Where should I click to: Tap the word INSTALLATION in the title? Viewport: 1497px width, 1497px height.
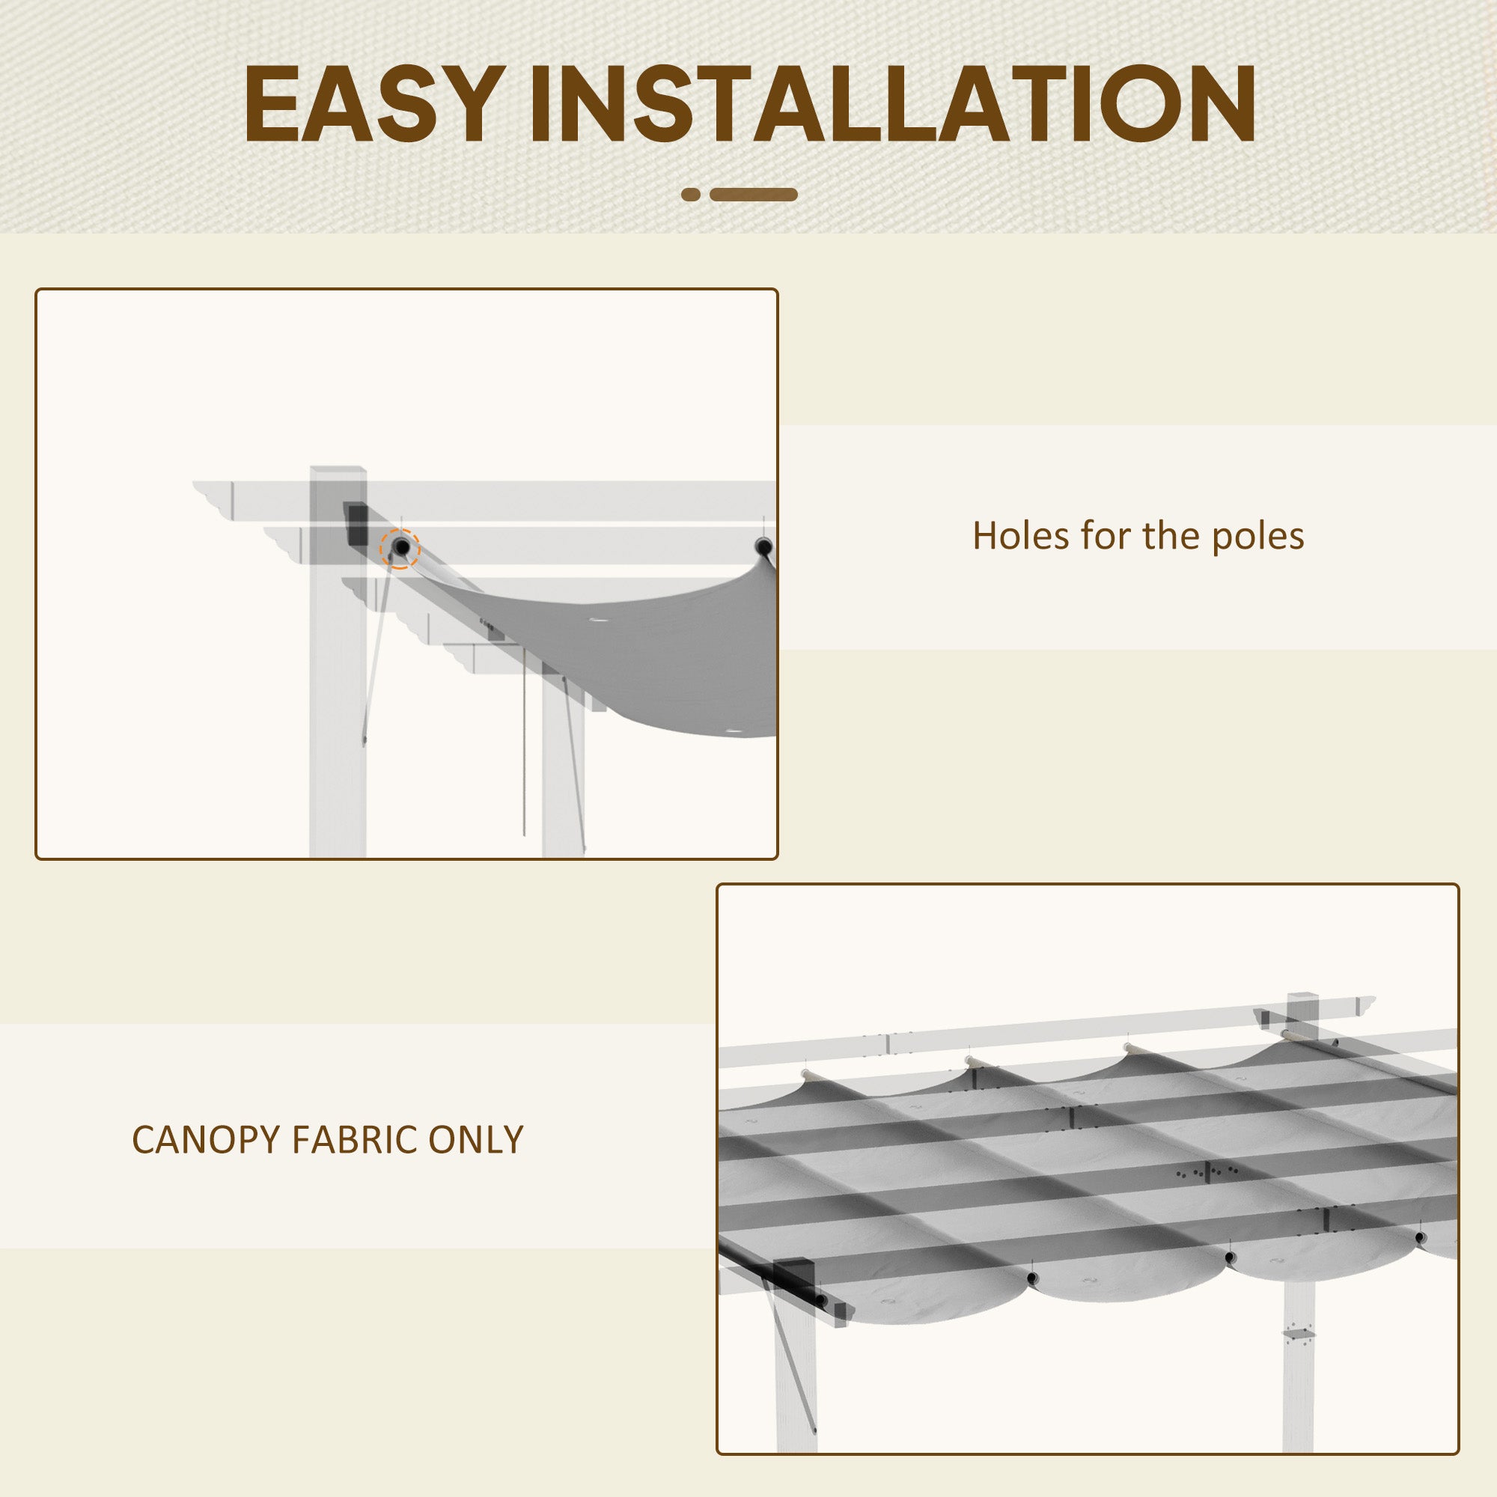coord(891,104)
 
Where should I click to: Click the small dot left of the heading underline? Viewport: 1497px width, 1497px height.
coord(691,195)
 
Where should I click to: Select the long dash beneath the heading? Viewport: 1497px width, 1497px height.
coord(753,195)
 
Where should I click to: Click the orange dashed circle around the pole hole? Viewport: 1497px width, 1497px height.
coord(400,549)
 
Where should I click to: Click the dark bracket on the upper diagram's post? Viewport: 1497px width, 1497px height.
coord(356,523)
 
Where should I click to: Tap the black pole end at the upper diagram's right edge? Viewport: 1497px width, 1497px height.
coord(763,547)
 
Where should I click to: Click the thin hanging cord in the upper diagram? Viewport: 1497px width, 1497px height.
coord(525,744)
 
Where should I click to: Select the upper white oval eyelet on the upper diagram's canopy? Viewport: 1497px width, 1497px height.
coord(599,620)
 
